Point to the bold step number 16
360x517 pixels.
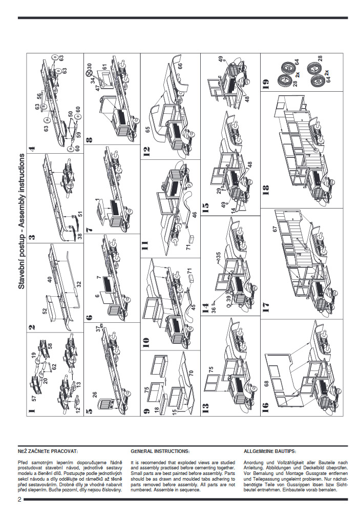tap(265, 408)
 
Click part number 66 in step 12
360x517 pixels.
tap(180, 66)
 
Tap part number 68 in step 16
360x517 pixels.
tap(266, 384)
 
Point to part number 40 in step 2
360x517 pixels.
tap(50, 280)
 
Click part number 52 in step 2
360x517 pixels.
tap(45, 311)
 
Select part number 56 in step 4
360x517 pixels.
tap(39, 95)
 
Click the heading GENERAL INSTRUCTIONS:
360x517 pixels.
tap(160, 451)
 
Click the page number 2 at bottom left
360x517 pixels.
tap(19, 499)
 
